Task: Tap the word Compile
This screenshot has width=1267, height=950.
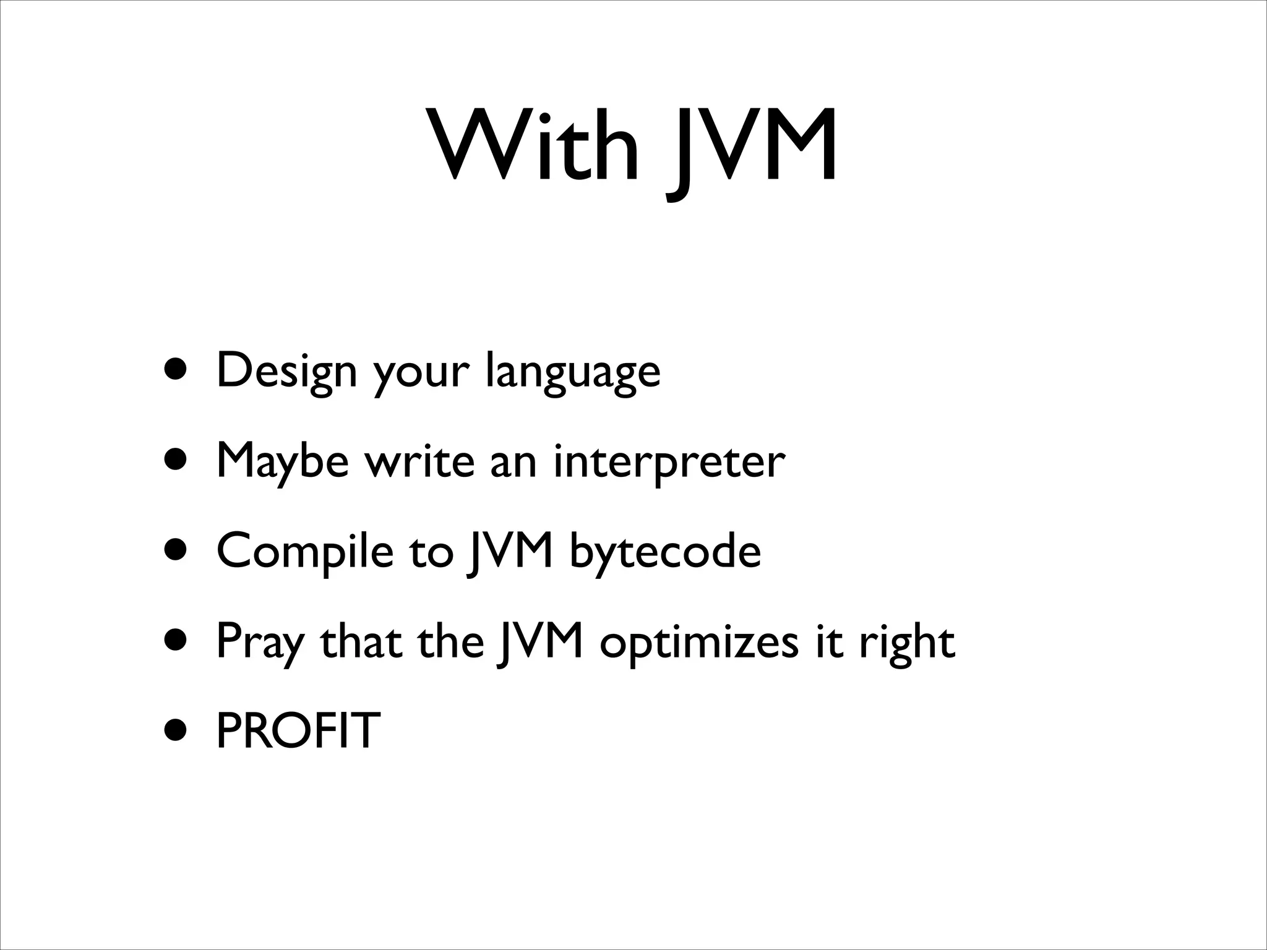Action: click(305, 552)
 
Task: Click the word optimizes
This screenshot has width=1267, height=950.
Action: click(699, 643)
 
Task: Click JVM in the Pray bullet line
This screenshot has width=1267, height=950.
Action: click(541, 642)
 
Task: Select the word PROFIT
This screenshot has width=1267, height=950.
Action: click(298, 730)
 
